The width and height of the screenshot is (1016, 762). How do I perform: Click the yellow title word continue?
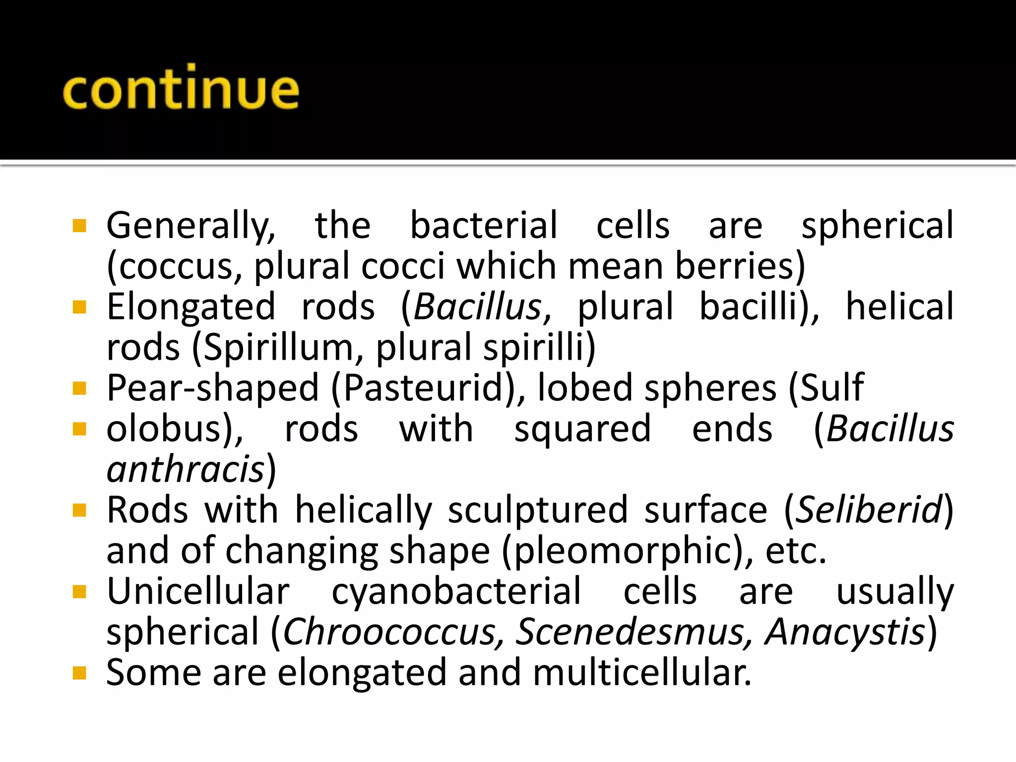pyautogui.click(x=181, y=88)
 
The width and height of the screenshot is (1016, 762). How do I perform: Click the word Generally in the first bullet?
pyautogui.click(x=190, y=226)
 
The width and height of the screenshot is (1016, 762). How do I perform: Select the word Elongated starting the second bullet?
pyautogui.click(x=191, y=308)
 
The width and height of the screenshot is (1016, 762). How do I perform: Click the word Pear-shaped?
pyautogui.click(x=213, y=388)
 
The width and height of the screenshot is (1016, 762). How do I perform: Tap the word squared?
pyautogui.click(x=582, y=430)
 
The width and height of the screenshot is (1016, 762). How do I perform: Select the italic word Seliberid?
pyautogui.click(x=869, y=510)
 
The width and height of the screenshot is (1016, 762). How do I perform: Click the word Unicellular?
pyautogui.click(x=198, y=591)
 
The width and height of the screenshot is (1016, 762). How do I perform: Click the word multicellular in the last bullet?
pyautogui.click(x=642, y=673)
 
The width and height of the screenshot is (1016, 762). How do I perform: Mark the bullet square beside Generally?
pyautogui.click(x=79, y=226)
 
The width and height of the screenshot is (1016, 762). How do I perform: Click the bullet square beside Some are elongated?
pyautogui.click(x=79, y=673)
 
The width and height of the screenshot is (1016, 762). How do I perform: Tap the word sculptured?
pyautogui.click(x=538, y=510)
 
